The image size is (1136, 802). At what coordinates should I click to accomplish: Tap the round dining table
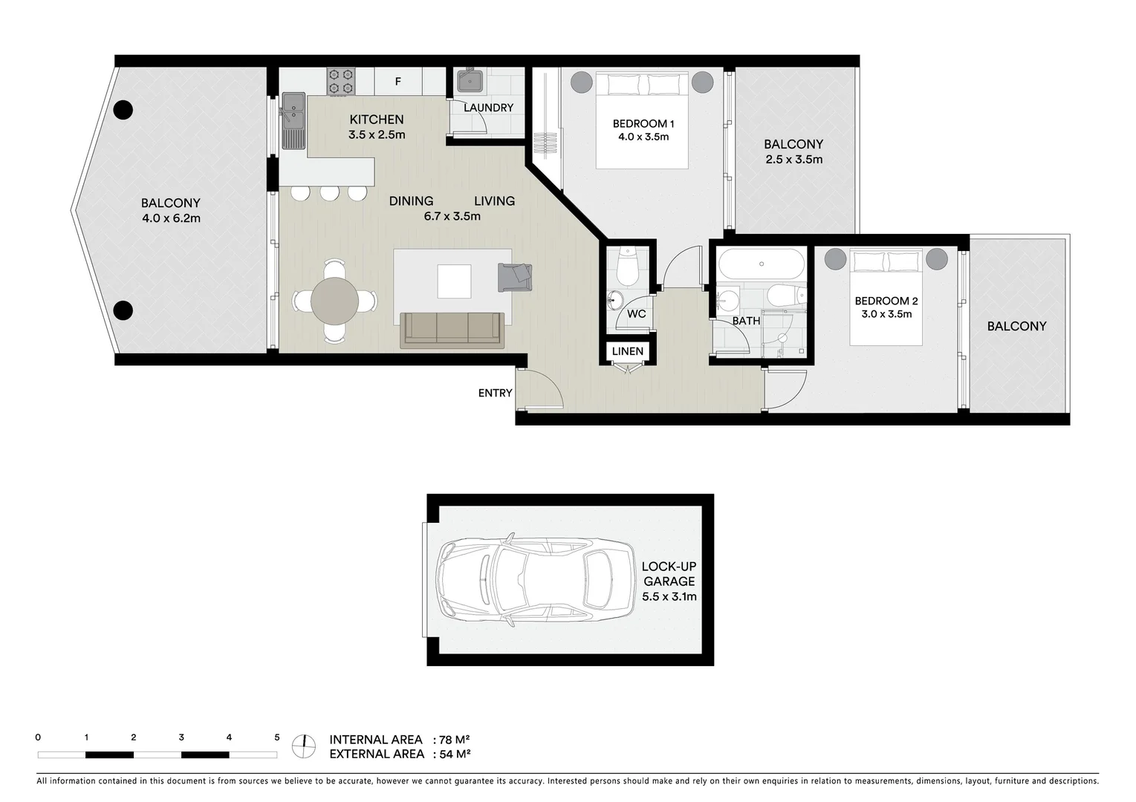click(x=334, y=301)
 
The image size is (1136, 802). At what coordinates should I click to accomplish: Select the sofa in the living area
click(x=452, y=330)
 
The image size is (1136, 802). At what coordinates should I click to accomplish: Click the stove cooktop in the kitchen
click(x=341, y=81)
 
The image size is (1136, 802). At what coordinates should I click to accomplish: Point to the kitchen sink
click(x=292, y=111)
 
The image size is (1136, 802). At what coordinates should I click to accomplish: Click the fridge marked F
click(x=397, y=82)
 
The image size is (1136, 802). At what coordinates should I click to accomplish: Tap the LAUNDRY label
click(x=488, y=108)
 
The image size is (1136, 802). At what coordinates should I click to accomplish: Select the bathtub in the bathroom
click(x=761, y=264)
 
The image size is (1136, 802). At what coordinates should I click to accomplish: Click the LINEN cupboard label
click(x=628, y=351)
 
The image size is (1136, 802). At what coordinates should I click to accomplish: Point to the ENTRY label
click(x=495, y=393)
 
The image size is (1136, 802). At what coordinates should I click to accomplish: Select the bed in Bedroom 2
click(x=886, y=297)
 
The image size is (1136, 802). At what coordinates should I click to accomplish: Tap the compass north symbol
click(x=303, y=746)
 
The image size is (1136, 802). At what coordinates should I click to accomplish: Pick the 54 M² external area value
click(x=454, y=754)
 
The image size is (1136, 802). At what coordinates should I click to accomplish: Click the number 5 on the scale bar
click(x=277, y=737)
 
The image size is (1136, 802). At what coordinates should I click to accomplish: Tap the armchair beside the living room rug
click(x=515, y=277)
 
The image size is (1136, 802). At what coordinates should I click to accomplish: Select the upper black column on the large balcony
click(x=123, y=110)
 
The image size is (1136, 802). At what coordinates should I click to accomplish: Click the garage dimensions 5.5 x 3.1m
click(x=669, y=596)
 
